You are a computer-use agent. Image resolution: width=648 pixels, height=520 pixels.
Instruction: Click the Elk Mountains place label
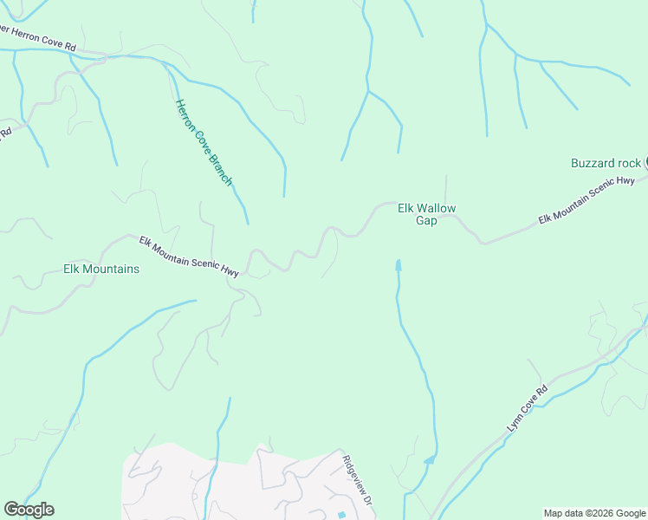(x=101, y=270)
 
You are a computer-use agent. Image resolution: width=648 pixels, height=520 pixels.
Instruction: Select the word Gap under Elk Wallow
(x=426, y=221)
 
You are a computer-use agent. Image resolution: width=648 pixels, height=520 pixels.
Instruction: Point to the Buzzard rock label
(x=606, y=163)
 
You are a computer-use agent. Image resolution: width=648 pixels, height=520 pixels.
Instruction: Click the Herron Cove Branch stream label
(x=204, y=143)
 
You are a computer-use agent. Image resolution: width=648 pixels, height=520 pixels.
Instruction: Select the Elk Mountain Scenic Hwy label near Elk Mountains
(x=189, y=257)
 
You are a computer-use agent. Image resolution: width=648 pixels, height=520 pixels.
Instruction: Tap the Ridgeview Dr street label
(x=357, y=480)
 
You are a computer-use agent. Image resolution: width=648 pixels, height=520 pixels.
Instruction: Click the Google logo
(x=29, y=510)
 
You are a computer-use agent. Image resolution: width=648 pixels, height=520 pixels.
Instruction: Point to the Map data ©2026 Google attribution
(x=594, y=513)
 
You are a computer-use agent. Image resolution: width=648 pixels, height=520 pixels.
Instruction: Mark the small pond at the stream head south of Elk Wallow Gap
(x=399, y=264)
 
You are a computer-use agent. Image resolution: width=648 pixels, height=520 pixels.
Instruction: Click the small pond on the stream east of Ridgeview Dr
(x=428, y=460)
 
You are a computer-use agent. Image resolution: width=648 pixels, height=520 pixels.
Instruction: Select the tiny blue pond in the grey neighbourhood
(x=341, y=516)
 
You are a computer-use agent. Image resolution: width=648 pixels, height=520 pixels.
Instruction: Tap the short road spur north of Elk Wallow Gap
(x=446, y=186)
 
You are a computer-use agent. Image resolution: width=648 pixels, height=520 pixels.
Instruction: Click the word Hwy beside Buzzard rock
(x=624, y=183)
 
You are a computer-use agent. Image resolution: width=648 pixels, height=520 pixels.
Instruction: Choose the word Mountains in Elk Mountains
(x=112, y=270)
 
